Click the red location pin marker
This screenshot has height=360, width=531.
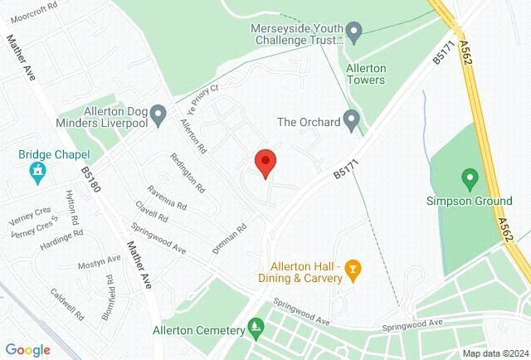click(x=265, y=163)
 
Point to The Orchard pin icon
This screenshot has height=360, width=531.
click(x=353, y=121)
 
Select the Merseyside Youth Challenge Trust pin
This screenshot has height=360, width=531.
click(x=355, y=33)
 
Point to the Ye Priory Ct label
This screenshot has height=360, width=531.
click(x=202, y=95)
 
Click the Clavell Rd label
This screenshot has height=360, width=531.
click(x=152, y=214)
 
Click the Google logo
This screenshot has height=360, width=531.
click(x=28, y=350)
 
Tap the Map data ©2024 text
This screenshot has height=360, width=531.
click(x=494, y=353)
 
